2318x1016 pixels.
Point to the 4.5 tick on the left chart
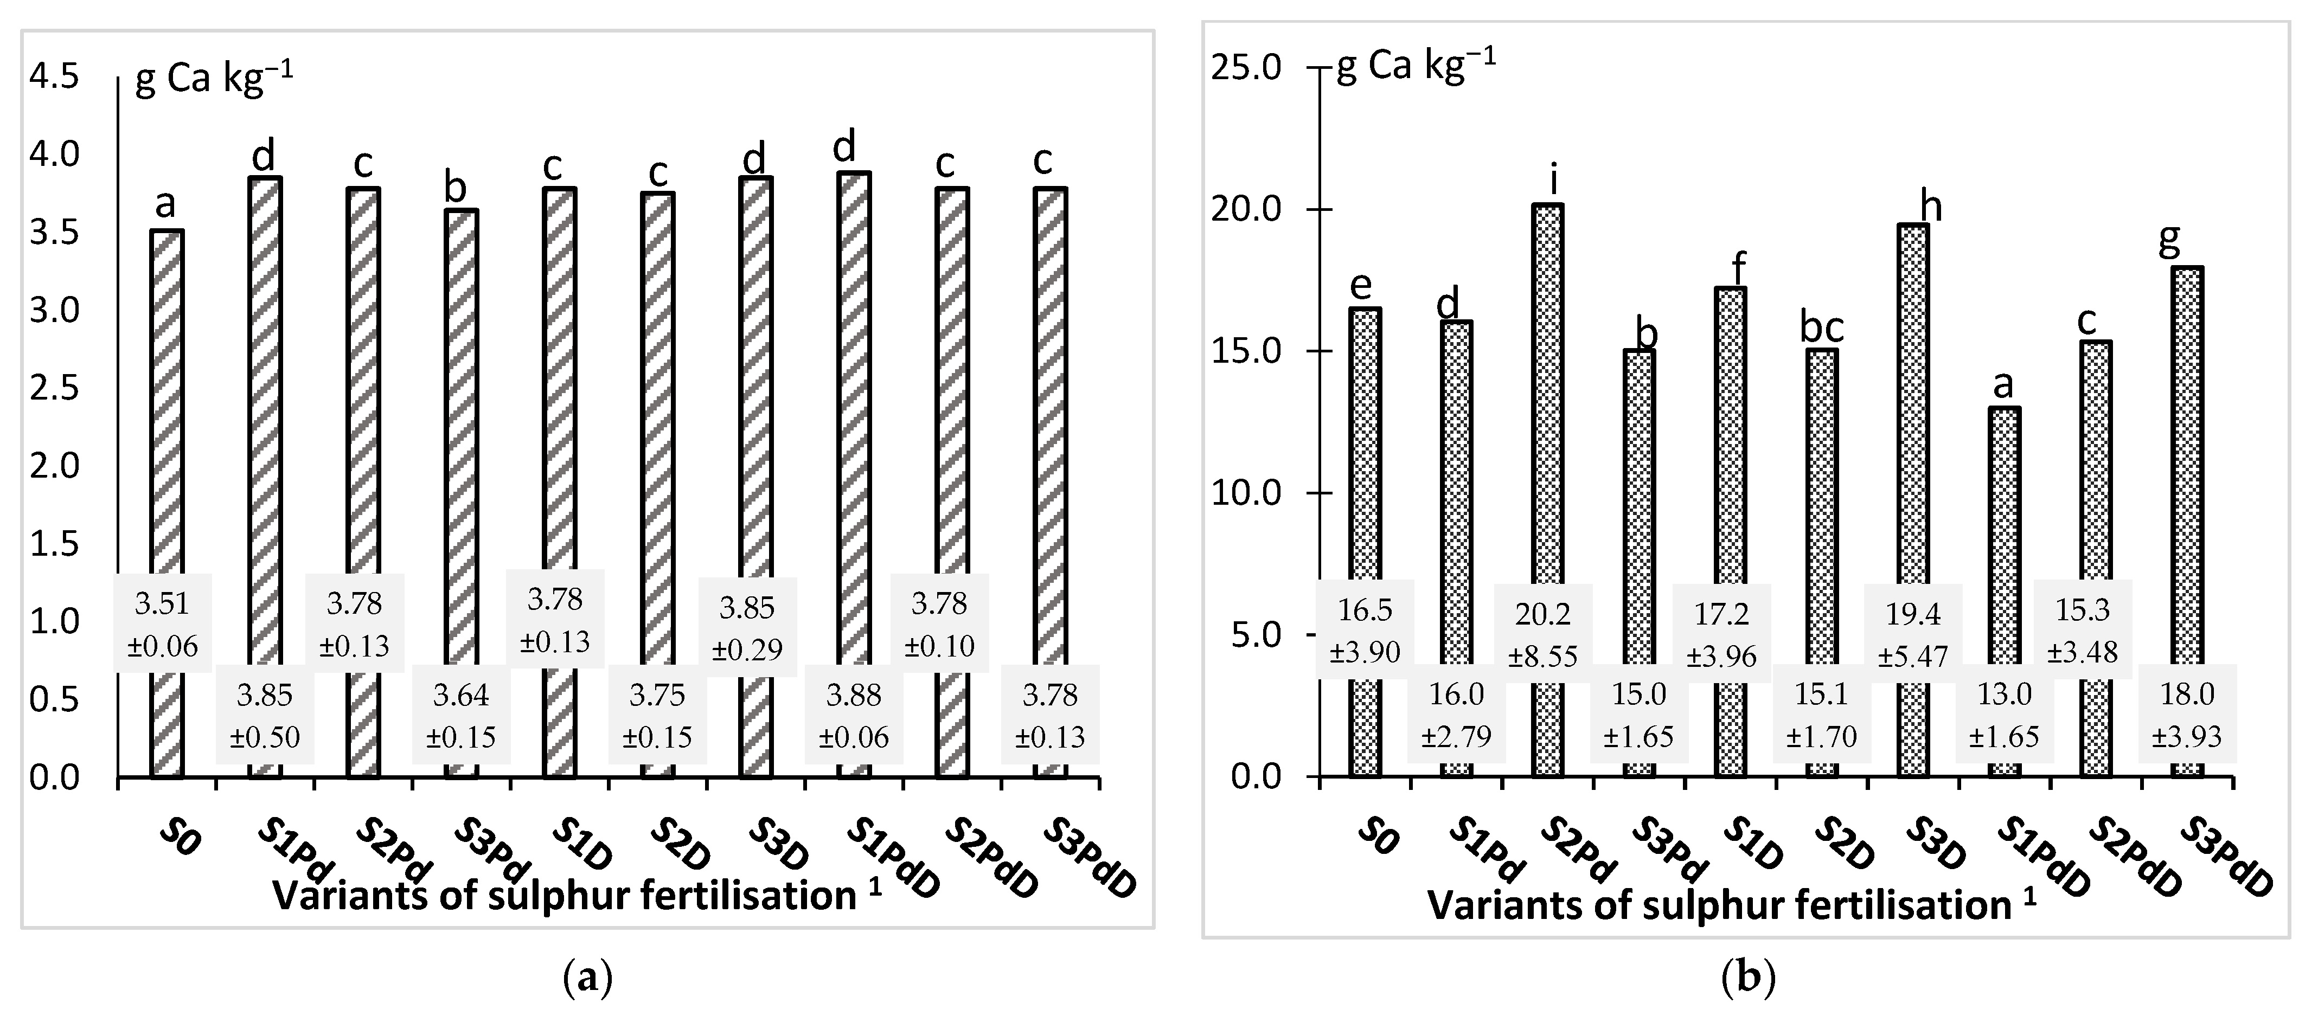click(54, 78)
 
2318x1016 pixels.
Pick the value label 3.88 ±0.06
click(854, 716)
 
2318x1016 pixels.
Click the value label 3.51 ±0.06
click(162, 625)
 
